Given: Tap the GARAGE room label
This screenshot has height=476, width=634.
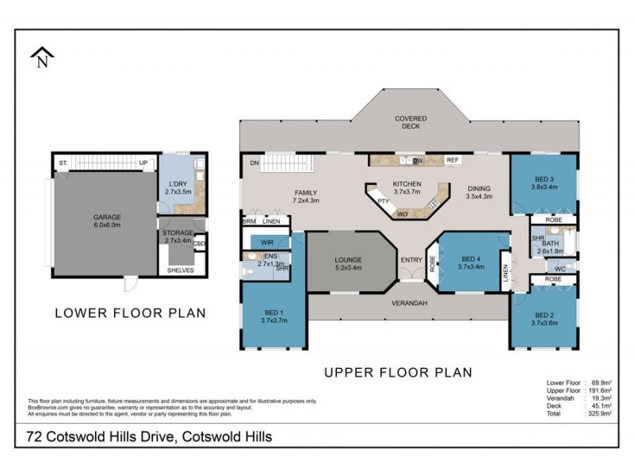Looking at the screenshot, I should click(106, 216).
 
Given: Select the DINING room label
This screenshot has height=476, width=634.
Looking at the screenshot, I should click(479, 188).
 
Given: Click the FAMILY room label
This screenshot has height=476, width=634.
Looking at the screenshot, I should click(306, 192).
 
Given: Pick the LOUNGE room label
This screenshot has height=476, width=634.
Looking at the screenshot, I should click(348, 259).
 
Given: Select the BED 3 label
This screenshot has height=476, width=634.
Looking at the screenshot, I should click(544, 179).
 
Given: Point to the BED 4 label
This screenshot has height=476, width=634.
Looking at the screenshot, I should click(471, 259).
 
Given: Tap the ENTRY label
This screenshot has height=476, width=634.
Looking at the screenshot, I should click(411, 260).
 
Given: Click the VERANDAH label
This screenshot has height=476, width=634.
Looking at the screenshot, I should click(410, 303).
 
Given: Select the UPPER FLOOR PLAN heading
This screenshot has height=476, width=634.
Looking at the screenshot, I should click(397, 371).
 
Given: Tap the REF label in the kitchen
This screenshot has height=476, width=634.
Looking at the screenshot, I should click(453, 160).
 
